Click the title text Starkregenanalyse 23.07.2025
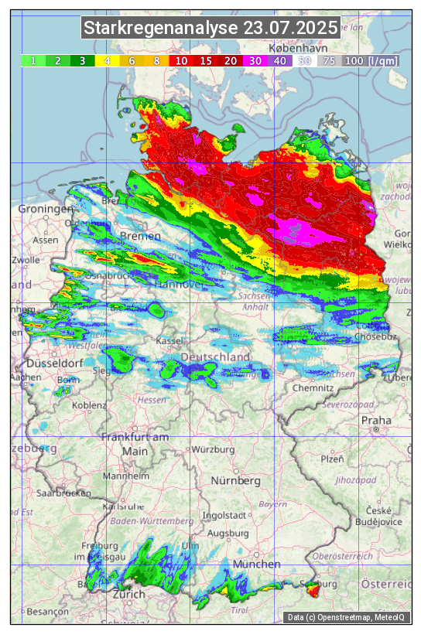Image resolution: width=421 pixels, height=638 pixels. pos(210,29)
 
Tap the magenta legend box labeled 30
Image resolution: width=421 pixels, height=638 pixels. pos(255,60)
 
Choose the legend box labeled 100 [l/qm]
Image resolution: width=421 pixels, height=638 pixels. pos(371,60)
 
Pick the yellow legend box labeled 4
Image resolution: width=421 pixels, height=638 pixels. pos(107,60)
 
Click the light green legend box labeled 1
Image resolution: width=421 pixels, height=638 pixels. pos(33,60)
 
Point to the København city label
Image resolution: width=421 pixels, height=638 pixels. pos(298,48)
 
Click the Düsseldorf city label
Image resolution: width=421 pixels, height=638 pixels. pos(54,363)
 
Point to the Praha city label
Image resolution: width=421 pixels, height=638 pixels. pos(376,421)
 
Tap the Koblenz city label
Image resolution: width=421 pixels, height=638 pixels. pos(89,404)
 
